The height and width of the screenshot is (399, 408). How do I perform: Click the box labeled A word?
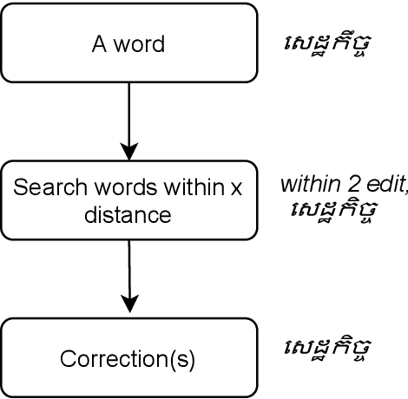128,43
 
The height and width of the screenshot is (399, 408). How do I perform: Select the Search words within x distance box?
128,199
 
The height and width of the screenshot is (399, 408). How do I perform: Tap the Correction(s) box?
128,356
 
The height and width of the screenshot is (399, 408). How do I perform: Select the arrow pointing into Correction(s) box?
129,278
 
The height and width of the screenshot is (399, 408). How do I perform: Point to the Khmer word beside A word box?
328,43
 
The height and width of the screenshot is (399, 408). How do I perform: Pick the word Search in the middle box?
41,187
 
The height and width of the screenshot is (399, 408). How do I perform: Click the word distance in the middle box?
128,213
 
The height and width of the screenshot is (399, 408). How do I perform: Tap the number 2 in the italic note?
343,185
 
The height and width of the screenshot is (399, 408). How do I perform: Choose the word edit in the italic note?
372,185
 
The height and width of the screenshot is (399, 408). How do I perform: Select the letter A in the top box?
96,43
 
